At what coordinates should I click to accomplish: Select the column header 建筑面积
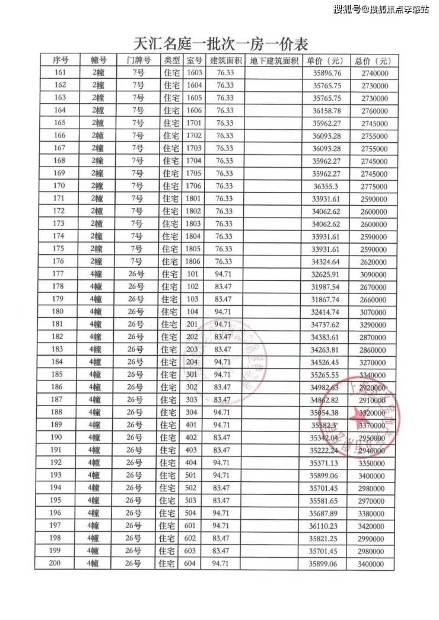coord(225,60)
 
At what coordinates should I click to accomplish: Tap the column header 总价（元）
coord(373,60)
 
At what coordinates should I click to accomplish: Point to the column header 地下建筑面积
coord(273,60)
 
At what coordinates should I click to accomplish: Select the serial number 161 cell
coord(60,73)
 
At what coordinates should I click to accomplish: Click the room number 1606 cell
coord(194,110)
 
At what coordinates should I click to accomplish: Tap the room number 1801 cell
coord(194,199)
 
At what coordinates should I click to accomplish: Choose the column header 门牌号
coord(138,60)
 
